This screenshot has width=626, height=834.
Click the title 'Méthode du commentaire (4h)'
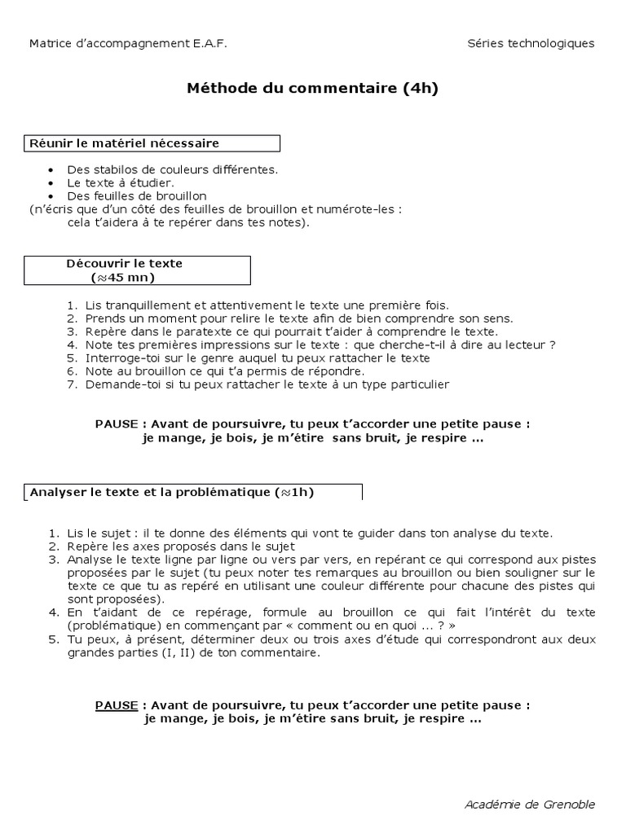click(313, 89)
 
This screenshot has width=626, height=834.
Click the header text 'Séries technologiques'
click(531, 43)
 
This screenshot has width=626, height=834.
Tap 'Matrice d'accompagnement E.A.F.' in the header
click(128, 43)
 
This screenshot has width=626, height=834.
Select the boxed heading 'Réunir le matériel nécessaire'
click(125, 143)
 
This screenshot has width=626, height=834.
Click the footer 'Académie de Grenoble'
click(530, 804)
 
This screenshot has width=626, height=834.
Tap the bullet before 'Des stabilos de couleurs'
click(51, 170)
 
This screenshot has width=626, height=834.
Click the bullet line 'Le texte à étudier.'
click(121, 183)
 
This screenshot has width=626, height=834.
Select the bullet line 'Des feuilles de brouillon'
click(137, 196)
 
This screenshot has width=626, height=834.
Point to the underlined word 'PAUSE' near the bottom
click(117, 705)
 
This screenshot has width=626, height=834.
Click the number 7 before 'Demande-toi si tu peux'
click(72, 384)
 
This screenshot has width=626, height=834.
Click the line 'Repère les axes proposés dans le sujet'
click(190, 546)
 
